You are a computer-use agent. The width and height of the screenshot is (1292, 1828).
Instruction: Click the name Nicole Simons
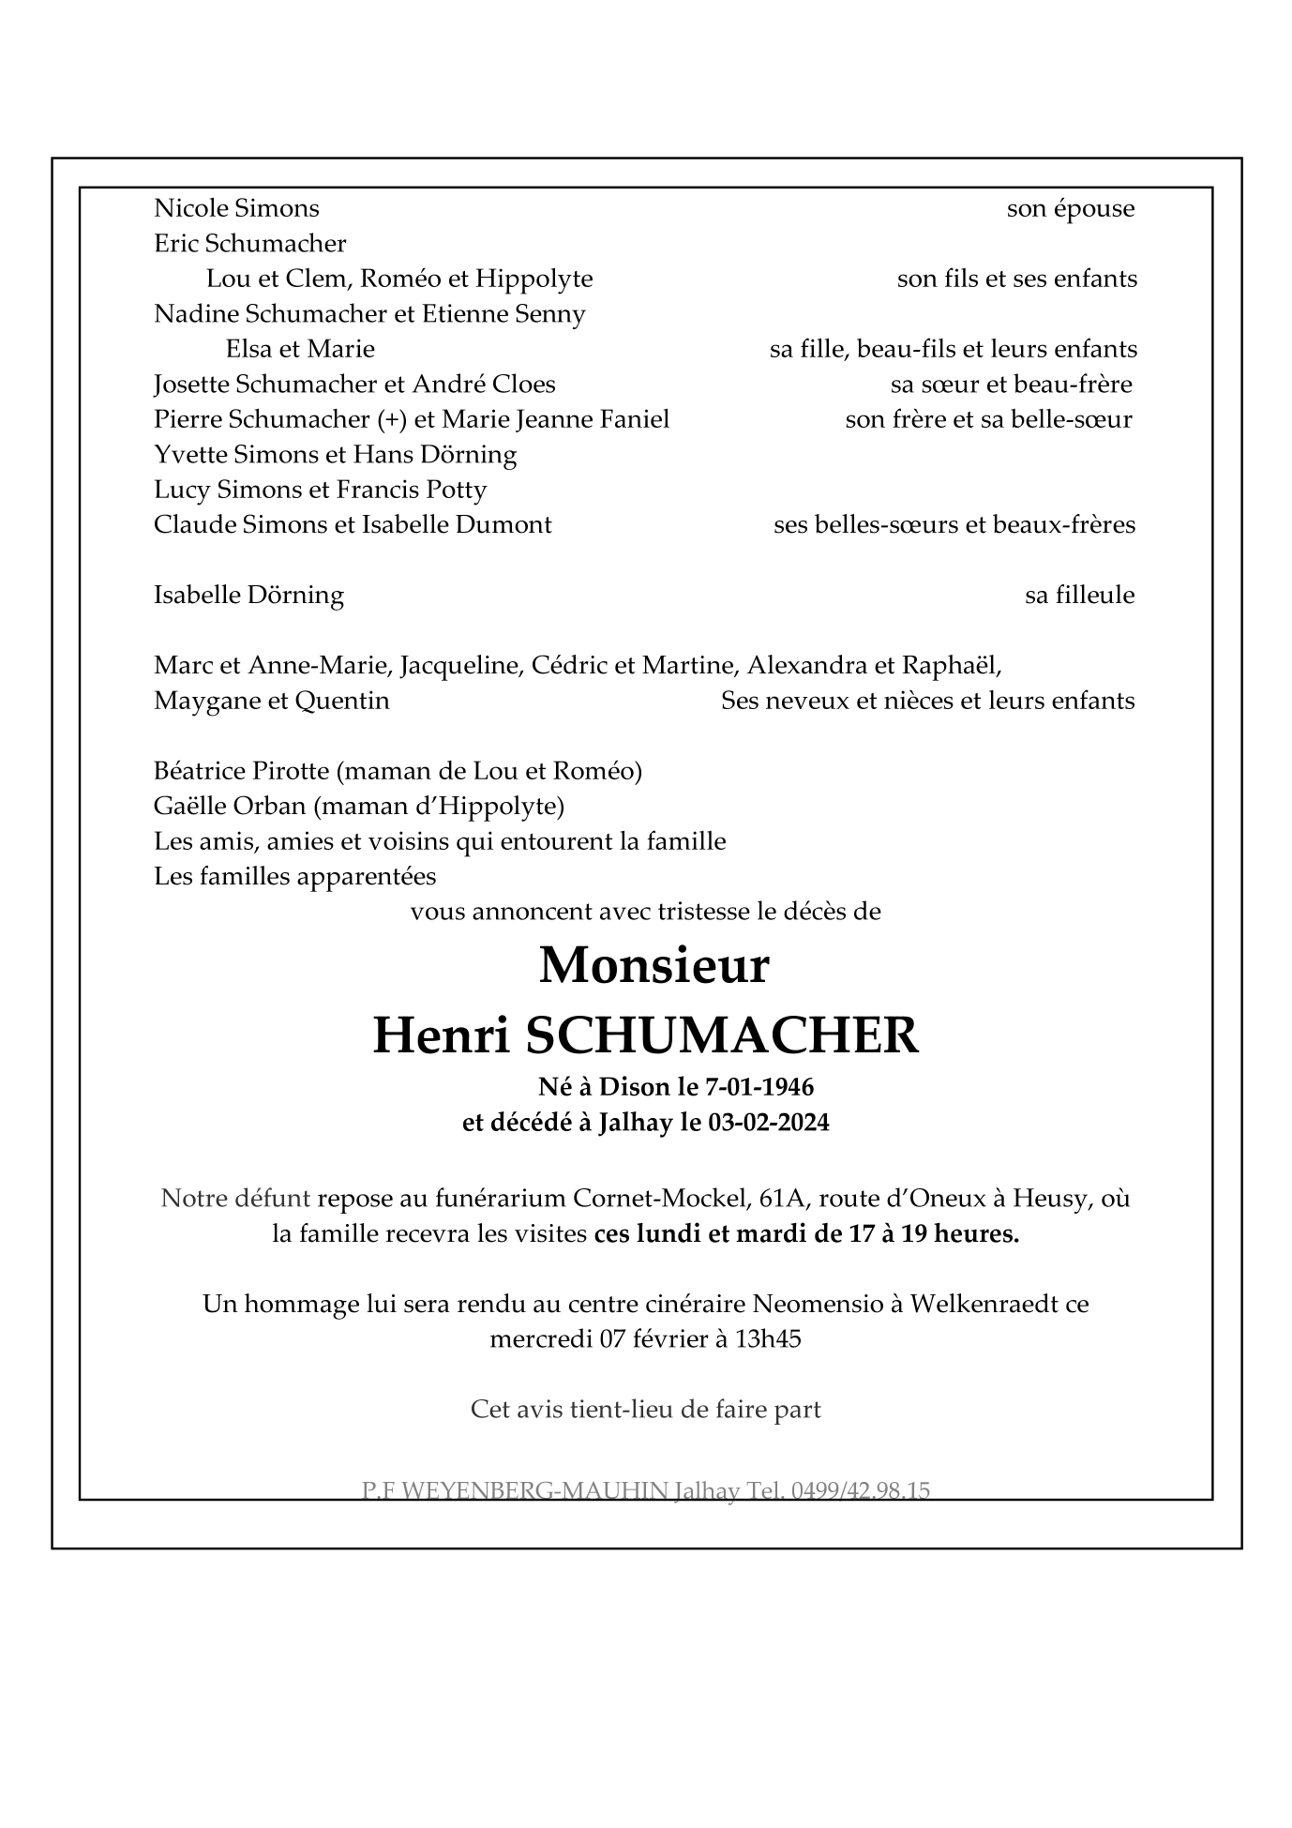coord(236,208)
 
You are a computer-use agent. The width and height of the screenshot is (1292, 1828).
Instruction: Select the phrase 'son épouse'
coord(1070,209)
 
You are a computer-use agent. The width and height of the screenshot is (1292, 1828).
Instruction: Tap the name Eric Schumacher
coord(249,244)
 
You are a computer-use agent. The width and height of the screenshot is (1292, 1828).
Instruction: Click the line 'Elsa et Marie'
coord(300,349)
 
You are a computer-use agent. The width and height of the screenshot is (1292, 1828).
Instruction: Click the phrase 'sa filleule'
coord(1079,596)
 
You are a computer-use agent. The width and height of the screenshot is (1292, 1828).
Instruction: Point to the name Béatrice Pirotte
coord(241,771)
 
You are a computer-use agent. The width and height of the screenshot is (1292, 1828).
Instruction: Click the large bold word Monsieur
coord(654,965)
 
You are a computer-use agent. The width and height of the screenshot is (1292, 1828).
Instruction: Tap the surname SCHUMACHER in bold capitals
coord(722,1035)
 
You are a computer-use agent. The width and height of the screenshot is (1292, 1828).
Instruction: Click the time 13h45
coord(768,1338)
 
